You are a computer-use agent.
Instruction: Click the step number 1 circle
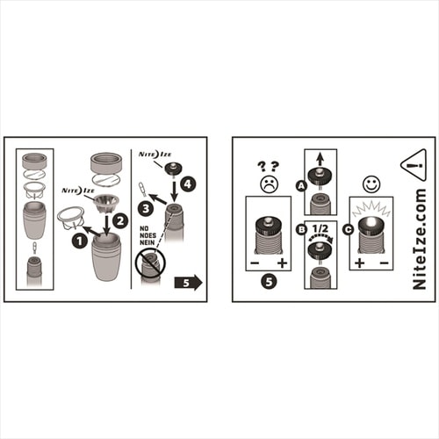click(80, 241)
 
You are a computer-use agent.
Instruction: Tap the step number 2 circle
click(120, 220)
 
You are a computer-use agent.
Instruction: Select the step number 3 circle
click(146, 208)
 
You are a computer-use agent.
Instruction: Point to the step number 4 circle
click(188, 184)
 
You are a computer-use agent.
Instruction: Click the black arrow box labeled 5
click(189, 283)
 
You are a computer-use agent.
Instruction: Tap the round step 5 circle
click(269, 282)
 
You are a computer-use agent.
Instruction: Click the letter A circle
click(301, 185)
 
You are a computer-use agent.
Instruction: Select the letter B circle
click(301, 229)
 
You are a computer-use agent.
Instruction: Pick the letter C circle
click(349, 229)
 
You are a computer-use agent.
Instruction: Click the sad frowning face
click(270, 184)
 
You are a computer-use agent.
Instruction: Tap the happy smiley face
click(371, 184)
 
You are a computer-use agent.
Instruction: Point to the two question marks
click(268, 167)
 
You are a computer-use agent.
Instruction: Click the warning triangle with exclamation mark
click(414, 166)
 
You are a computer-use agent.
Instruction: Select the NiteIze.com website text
click(419, 239)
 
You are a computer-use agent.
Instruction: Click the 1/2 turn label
click(320, 228)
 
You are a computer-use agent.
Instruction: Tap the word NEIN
click(148, 242)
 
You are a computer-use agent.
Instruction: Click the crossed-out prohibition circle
click(150, 262)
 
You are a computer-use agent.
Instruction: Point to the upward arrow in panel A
click(320, 159)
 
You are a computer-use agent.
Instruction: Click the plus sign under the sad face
click(282, 263)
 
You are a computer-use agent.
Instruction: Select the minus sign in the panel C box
click(384, 263)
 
